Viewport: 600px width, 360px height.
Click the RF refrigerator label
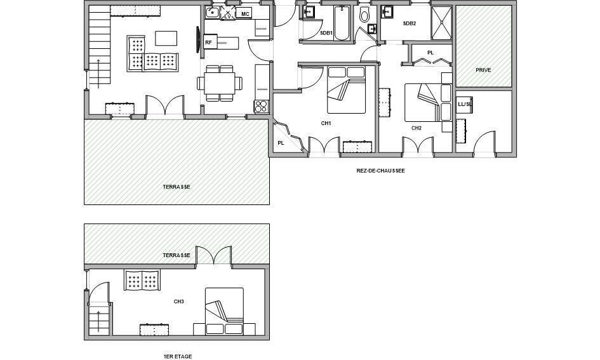tap(208, 43)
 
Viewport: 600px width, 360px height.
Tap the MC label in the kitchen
tap(245, 14)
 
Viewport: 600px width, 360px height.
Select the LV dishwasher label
tap(228, 16)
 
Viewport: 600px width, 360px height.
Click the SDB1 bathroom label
tap(326, 33)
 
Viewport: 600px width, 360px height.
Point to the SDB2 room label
tap(410, 23)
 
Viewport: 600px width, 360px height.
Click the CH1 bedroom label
tap(326, 123)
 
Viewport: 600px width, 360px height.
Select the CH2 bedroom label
tap(417, 128)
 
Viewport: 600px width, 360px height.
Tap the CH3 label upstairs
tap(178, 302)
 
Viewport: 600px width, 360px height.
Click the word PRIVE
tap(483, 70)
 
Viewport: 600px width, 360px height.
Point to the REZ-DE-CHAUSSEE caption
tap(380, 171)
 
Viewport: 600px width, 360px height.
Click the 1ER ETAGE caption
tap(178, 356)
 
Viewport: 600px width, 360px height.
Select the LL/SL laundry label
tap(465, 104)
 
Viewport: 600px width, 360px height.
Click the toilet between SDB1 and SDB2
tap(364, 15)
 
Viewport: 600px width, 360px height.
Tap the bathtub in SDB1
tap(342, 23)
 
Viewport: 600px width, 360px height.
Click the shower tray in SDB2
tap(441, 23)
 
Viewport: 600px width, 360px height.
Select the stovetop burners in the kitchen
tap(262, 106)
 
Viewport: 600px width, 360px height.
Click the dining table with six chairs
tap(220, 83)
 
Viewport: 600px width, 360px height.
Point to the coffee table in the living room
tap(166, 38)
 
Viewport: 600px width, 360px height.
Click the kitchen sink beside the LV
tap(212, 13)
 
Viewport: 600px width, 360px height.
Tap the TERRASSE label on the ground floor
tap(177, 187)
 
